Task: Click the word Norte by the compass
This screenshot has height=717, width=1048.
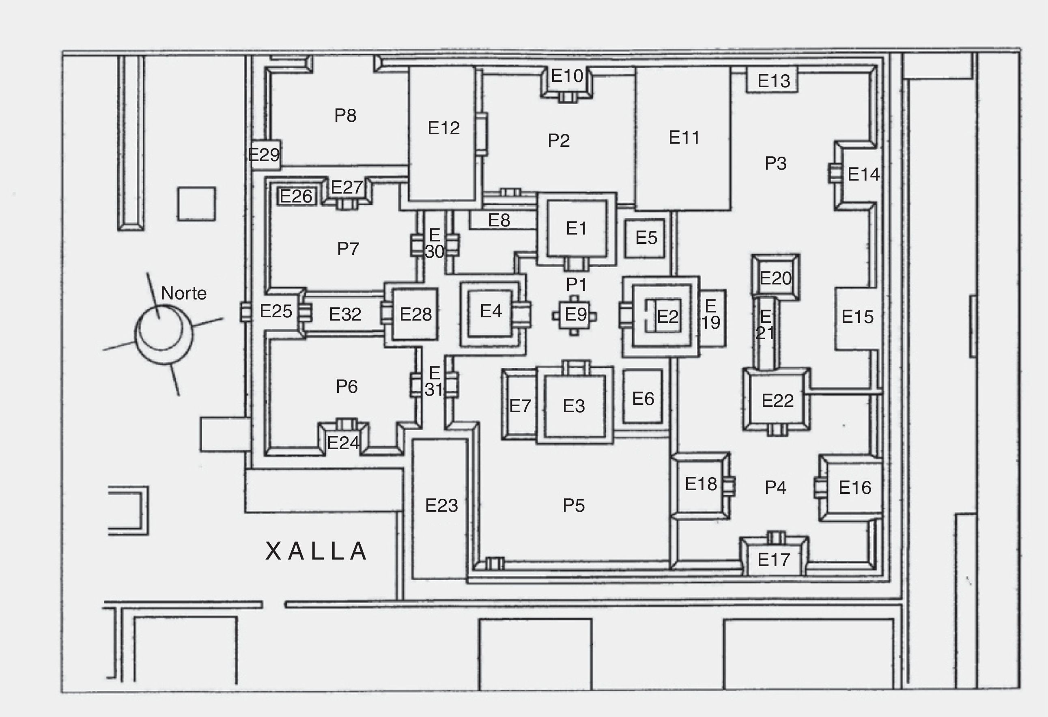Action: [183, 293]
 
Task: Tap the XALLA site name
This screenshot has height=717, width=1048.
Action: [316, 551]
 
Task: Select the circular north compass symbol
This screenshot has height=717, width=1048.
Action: [163, 334]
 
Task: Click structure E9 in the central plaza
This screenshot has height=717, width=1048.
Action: [575, 315]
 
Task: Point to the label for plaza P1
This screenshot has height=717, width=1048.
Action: [576, 284]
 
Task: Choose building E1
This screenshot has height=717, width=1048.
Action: [576, 228]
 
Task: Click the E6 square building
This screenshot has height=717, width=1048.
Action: [643, 398]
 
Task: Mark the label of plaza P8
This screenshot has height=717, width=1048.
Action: [345, 115]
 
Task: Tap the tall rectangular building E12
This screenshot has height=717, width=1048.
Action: [443, 129]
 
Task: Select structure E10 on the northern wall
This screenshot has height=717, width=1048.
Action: [567, 77]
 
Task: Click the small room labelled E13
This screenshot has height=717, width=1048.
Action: [773, 81]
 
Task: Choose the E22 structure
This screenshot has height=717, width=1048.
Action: [777, 400]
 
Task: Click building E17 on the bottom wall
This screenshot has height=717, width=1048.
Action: [773, 560]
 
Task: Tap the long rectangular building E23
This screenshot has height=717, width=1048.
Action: [441, 506]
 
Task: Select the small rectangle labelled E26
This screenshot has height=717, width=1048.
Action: [296, 196]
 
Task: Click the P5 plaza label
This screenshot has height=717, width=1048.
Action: [574, 506]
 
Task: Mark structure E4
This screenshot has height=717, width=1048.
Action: [491, 311]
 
